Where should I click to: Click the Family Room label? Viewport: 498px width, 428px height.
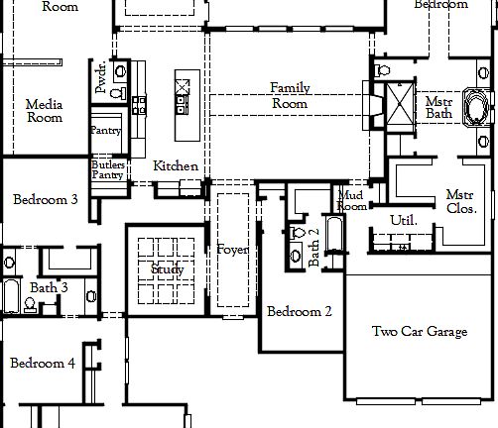point(290,95)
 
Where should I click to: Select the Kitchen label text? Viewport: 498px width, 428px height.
point(176,166)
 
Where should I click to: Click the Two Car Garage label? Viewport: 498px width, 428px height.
point(419,332)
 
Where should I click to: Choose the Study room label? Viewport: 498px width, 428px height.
point(167,269)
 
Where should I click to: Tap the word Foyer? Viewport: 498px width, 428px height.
point(233,250)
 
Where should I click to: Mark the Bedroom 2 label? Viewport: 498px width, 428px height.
point(299,311)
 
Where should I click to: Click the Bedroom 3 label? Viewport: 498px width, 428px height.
point(46,199)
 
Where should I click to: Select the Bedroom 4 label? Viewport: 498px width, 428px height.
point(43,364)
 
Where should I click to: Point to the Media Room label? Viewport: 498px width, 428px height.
point(44,111)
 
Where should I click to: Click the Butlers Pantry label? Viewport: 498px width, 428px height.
point(107,169)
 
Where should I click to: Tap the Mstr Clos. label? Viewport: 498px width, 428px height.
point(460,202)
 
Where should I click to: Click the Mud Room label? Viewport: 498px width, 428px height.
point(352,200)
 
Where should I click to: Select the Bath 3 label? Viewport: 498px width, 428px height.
point(48,288)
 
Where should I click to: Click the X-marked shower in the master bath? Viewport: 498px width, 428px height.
point(400,105)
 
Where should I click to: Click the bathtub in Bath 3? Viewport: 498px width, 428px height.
point(10,296)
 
